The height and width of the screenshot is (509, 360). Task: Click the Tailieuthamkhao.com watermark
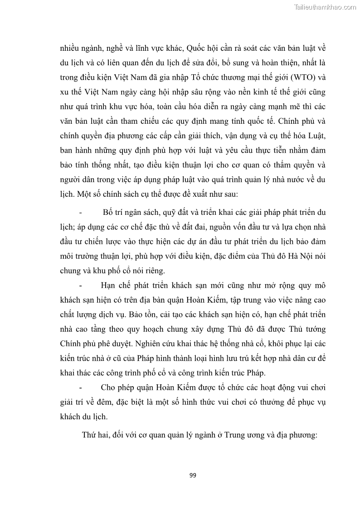[x=325, y=7]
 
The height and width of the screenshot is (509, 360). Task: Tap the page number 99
[x=192, y=475]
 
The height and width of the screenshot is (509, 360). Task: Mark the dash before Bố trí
[x=81, y=212]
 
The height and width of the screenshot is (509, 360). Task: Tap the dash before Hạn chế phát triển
[x=81, y=285]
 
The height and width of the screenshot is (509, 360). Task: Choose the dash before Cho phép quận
[x=81, y=388]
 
